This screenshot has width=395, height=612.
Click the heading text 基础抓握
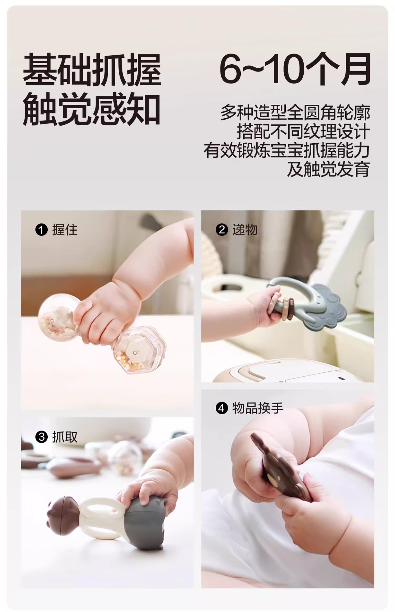pyautogui.click(x=92, y=69)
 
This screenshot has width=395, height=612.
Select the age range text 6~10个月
pyautogui.click(x=295, y=69)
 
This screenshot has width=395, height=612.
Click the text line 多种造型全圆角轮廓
pyautogui.click(x=295, y=113)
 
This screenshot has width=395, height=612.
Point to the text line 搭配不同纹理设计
pyautogui.click(x=303, y=132)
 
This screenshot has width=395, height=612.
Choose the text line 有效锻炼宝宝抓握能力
pyautogui.click(x=287, y=150)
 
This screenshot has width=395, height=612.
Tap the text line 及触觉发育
pyautogui.click(x=329, y=169)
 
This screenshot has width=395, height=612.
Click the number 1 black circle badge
pyautogui.click(x=41, y=230)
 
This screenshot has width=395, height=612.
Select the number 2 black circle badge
pyautogui.click(x=222, y=230)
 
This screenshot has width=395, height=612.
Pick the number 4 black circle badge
pyautogui.click(x=222, y=409)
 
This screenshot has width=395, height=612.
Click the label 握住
pyautogui.click(x=65, y=230)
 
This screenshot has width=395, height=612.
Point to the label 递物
pyautogui.click(x=245, y=230)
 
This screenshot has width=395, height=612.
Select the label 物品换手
pyautogui.click(x=258, y=409)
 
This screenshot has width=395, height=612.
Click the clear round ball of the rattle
pyautogui.click(x=57, y=317)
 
